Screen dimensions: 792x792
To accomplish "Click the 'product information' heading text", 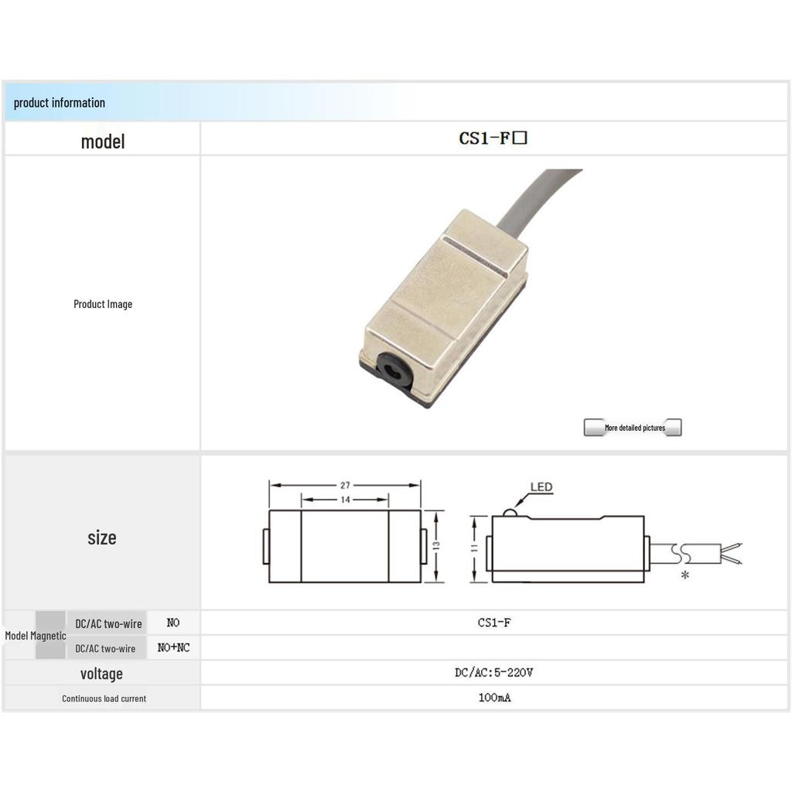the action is [x=59, y=103].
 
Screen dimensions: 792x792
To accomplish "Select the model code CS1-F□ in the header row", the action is [x=493, y=138].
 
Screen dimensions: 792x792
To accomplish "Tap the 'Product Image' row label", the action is [x=103, y=304].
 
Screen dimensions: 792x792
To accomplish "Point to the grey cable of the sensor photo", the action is [x=535, y=200].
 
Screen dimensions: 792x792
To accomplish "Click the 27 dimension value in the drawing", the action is [x=345, y=486].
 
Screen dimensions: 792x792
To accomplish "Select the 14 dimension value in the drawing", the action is [x=345, y=500].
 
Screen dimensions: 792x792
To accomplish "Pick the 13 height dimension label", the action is [x=436, y=545].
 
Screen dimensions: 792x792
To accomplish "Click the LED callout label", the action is [x=541, y=487].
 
